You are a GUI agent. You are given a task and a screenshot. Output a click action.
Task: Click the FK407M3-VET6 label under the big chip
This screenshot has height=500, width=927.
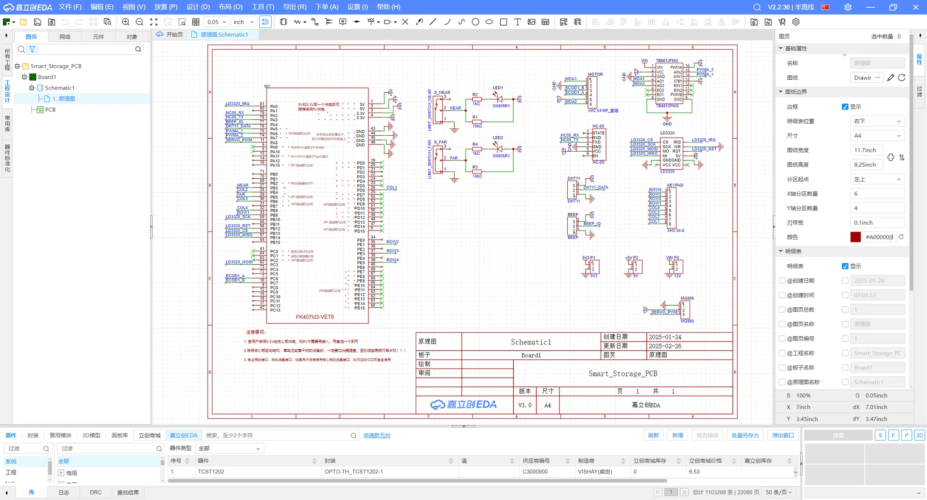[x=315, y=317]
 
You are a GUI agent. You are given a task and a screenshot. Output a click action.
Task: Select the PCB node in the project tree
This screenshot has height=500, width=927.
[x=50, y=110]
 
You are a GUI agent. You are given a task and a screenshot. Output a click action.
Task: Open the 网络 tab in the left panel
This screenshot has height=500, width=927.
[x=65, y=37]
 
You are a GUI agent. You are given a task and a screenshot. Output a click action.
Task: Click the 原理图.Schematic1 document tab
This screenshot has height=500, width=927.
[x=224, y=35]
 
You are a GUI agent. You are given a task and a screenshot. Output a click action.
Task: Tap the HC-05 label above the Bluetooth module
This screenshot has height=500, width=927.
[x=598, y=127]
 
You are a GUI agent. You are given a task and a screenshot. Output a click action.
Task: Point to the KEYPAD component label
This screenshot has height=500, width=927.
[x=675, y=185]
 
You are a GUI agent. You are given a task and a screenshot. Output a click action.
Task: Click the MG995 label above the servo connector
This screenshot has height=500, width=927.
[x=687, y=298]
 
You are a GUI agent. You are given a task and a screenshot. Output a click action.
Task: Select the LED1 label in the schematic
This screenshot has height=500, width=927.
[x=498, y=88]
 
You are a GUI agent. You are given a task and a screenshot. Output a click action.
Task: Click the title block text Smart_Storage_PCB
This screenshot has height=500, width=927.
[x=623, y=373]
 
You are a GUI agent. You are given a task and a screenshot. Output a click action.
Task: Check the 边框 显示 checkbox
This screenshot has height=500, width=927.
[x=845, y=107]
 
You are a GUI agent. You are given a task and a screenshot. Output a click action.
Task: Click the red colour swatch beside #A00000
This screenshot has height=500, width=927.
[x=856, y=237]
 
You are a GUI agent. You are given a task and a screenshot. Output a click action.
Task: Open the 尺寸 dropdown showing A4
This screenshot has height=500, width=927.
[x=877, y=136]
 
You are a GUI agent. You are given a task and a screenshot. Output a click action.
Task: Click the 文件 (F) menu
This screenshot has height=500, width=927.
[x=70, y=7]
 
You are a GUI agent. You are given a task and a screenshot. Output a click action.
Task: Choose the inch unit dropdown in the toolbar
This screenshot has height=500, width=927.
[x=243, y=22]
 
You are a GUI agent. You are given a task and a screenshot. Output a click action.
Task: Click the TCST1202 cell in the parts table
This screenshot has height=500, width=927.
[x=211, y=471]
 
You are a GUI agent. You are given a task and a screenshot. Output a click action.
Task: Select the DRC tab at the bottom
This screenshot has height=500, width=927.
[x=96, y=492]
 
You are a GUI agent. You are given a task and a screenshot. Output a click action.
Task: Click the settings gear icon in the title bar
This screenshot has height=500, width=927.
[x=848, y=7]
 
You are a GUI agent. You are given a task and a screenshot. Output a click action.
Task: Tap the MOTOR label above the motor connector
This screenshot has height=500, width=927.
[x=595, y=74]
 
